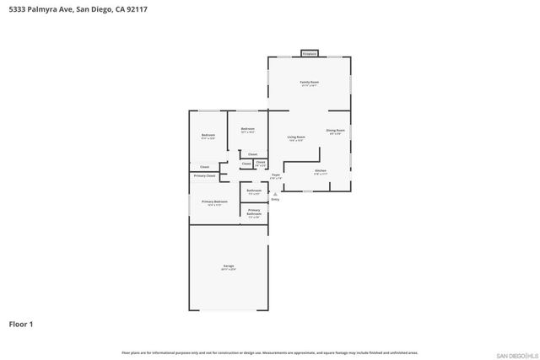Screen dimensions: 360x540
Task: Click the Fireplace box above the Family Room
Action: pos(310,54)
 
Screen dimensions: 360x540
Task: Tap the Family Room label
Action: pos(310,82)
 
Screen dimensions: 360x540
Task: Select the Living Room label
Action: pos(296,137)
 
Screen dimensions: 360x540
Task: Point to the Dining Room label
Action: pos(335,131)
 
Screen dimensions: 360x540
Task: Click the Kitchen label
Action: pos(321,171)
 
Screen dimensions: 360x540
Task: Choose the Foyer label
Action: pos(275,177)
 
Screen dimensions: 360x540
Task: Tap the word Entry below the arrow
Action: pos(275,200)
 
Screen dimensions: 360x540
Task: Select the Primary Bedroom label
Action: pos(214,201)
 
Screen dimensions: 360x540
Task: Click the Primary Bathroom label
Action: pos(254,212)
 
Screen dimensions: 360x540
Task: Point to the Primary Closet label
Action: pos(205,175)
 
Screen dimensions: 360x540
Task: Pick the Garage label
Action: pos(229,266)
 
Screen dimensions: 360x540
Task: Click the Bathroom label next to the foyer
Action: pos(254,191)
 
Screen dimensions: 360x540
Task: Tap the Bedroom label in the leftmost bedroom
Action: pos(208,136)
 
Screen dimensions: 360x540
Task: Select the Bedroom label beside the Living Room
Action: pos(247,129)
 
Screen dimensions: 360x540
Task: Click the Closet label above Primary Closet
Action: pos(205,167)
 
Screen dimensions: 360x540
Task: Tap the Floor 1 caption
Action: pos(21,324)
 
